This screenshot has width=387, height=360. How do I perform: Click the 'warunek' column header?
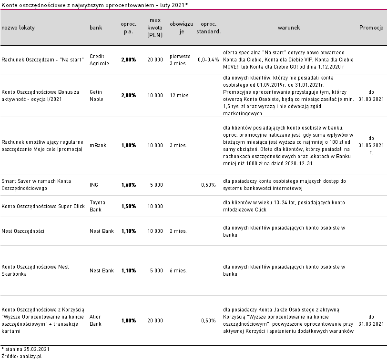click(x=288, y=28)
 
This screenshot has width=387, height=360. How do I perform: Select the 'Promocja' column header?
click(x=371, y=28)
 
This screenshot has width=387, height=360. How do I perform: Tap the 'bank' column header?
click(x=96, y=28)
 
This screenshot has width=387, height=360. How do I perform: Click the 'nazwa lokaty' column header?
click(x=18, y=28)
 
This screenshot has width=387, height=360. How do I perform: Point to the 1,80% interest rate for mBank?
click(x=129, y=146)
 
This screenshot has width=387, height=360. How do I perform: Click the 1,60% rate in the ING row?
click(x=129, y=185)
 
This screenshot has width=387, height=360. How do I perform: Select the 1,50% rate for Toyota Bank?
click(x=129, y=206)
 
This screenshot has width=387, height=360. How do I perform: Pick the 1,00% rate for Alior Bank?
click(x=129, y=320)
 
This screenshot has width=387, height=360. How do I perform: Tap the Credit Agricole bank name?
click(x=99, y=60)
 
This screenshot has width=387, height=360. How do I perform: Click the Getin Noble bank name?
click(x=96, y=95)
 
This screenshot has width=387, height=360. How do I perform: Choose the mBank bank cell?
click(x=98, y=146)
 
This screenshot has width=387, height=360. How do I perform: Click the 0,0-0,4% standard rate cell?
click(x=208, y=60)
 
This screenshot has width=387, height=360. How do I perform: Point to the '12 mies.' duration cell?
click(x=180, y=95)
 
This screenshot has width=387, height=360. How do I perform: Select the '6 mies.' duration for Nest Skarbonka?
click(x=178, y=270)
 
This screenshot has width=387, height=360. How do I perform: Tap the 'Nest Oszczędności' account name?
click(x=23, y=231)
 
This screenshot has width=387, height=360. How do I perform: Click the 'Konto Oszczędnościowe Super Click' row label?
click(x=43, y=206)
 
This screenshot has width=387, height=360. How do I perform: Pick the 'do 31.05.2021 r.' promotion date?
click(x=371, y=146)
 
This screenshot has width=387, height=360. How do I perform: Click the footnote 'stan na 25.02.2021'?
click(x=25, y=349)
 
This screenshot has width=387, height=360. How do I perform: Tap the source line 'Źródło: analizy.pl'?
click(x=21, y=356)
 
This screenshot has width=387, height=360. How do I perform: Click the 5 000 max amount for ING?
click(x=156, y=185)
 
